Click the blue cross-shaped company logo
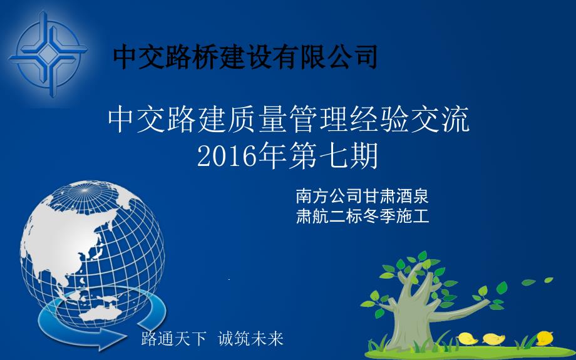(x=48, y=54)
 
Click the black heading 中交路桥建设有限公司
(x=245, y=57)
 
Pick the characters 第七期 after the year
(x=333, y=156)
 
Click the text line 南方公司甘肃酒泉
(x=363, y=196)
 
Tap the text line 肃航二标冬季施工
(x=363, y=216)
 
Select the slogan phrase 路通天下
(x=174, y=338)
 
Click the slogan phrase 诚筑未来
(x=250, y=338)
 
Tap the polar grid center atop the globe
(x=85, y=190)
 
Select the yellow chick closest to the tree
(x=467, y=339)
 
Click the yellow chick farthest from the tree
(x=545, y=338)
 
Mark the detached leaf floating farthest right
(x=548, y=280)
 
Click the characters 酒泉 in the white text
(x=412, y=196)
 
